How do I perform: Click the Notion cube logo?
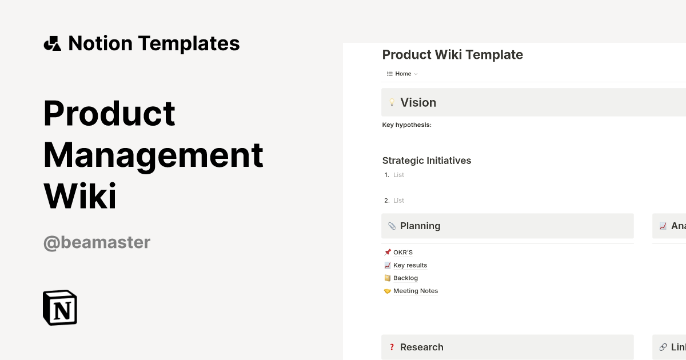click(60, 307)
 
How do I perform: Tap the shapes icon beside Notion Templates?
click(53, 43)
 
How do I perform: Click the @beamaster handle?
click(97, 242)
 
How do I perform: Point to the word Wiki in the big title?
click(80, 196)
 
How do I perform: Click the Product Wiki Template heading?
click(452, 55)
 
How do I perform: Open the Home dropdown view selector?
click(403, 74)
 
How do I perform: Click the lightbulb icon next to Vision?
click(392, 103)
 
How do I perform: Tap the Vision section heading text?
click(418, 103)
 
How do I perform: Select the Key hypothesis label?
click(406, 125)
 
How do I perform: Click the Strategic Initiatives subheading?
click(426, 161)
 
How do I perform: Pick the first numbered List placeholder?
click(398, 175)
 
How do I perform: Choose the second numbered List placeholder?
click(398, 201)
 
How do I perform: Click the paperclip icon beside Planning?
click(392, 226)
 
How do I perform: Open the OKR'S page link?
click(402, 253)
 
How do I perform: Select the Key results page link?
click(410, 265)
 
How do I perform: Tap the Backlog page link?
click(405, 278)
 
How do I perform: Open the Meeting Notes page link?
click(415, 291)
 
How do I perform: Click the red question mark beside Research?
click(392, 347)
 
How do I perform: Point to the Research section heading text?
click(421, 347)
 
